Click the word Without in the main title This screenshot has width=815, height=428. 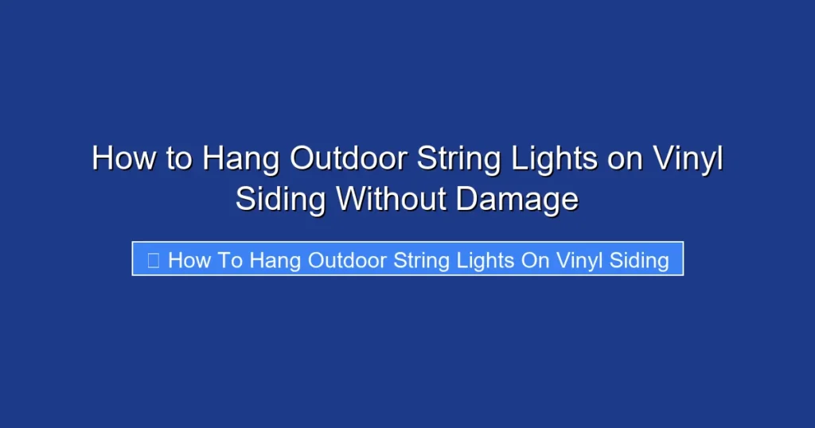(391, 199)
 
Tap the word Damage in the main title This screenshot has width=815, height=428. (517, 199)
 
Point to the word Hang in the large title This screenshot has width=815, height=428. (240, 158)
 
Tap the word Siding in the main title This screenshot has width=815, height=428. (280, 199)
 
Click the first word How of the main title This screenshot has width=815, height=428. (125, 158)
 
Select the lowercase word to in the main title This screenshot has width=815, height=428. (180, 158)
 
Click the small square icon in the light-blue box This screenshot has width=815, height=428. (153, 259)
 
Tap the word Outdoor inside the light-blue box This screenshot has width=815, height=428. (347, 259)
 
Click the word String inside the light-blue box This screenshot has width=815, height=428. (421, 259)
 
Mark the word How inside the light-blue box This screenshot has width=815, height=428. (188, 259)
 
